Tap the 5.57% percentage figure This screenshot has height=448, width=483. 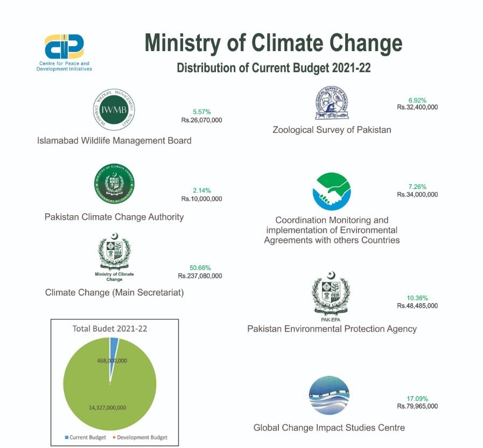pos(201,112)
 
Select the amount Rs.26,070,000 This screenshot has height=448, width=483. pos(201,120)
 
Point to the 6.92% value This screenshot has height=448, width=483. pos(417,99)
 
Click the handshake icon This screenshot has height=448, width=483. pos(331,191)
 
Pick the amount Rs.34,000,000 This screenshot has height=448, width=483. pos(417,194)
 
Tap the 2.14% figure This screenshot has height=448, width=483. pos(201,190)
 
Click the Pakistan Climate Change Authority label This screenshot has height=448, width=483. pos(114,217)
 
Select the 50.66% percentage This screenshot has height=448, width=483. pos(200,267)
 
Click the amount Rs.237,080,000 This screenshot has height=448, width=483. pos(200,276)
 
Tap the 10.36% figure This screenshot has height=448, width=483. pos(417,297)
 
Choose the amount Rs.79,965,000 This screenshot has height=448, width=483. pos(417,406)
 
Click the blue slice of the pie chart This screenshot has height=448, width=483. pos(114,343)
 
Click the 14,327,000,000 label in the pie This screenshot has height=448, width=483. pos(107,408)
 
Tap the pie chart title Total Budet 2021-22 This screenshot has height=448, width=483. pos(110,328)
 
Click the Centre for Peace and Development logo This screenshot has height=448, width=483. pos(64,47)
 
